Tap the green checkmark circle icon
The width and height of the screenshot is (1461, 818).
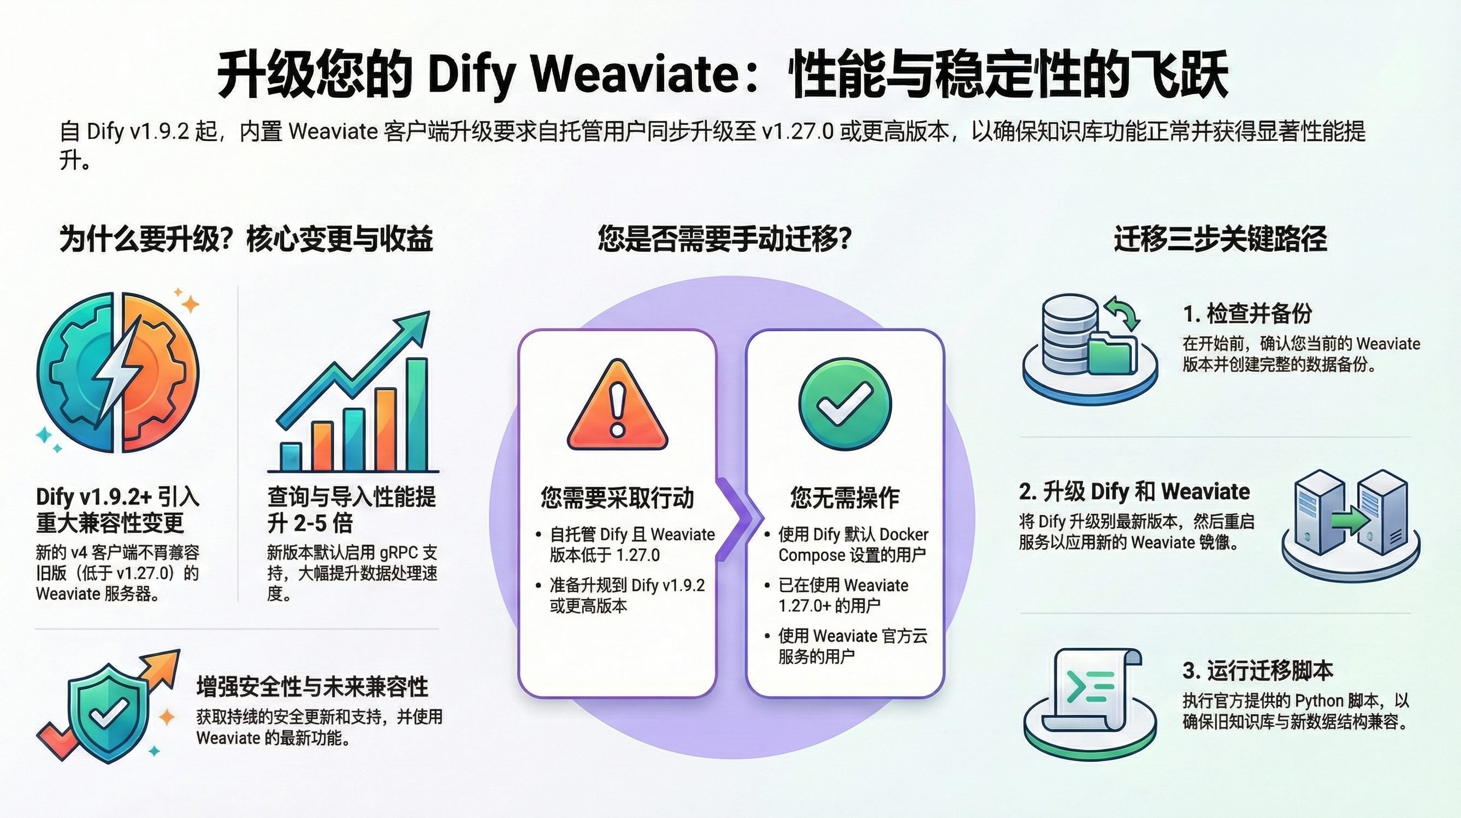844,403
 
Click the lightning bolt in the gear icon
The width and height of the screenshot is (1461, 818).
119,374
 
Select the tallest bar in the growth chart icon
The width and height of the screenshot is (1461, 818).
417,414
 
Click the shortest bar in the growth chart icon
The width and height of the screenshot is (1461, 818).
291,457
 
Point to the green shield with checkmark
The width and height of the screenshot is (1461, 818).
107,709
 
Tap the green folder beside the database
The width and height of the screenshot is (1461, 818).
1112,355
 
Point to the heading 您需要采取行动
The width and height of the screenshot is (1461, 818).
617,497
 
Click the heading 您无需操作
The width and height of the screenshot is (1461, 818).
844,497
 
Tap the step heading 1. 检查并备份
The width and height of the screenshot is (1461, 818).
1247,313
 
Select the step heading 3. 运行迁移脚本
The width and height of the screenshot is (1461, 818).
1257,670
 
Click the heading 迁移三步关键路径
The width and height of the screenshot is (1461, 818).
1220,238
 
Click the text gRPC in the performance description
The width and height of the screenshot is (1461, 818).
400,552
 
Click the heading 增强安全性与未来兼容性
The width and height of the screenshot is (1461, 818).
312,686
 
